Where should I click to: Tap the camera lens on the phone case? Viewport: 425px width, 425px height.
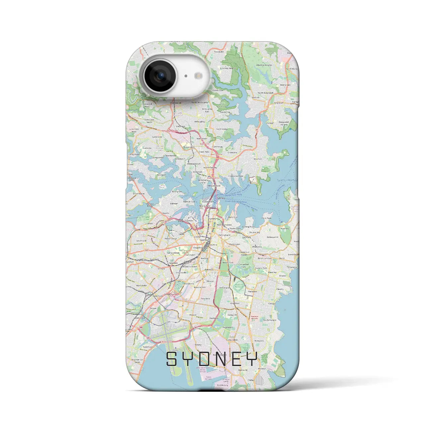[160, 76]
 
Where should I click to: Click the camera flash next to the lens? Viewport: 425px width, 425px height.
[199, 76]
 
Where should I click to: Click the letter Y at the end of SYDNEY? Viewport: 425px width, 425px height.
[251, 359]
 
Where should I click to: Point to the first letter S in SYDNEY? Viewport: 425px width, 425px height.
[172, 359]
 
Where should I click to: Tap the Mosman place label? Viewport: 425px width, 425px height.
[257, 159]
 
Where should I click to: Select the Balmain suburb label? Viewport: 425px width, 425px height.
[174, 203]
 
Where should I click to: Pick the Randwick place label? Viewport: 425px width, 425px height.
[253, 291]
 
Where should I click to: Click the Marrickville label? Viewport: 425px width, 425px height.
[142, 285]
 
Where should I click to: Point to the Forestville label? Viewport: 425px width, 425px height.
[219, 52]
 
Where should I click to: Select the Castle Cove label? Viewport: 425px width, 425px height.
[218, 90]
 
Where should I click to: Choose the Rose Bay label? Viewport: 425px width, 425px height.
[285, 228]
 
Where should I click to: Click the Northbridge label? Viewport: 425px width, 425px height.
[222, 129]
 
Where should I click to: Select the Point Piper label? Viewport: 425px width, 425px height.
[267, 218]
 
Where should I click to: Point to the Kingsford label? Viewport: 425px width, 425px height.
[235, 303]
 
